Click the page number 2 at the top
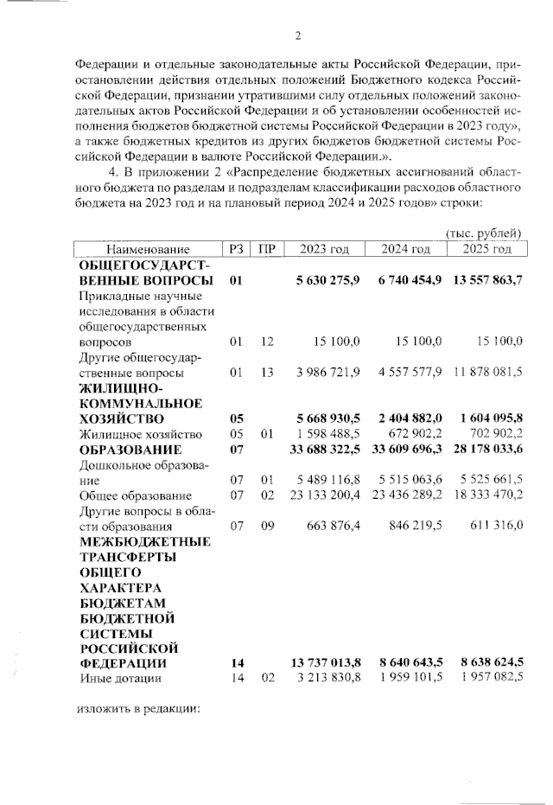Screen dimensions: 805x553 pyautogui.click(x=297, y=35)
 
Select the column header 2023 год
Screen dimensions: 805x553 pyautogui.click(x=324, y=249)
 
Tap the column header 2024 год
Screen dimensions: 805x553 pyautogui.click(x=406, y=249)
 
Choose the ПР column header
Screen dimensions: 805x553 pyautogui.click(x=267, y=249)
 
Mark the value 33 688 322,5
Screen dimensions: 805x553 pyautogui.click(x=325, y=449)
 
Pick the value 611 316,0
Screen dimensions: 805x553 pyautogui.click(x=493, y=526)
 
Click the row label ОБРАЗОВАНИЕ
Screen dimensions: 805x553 pyautogui.click(x=130, y=449)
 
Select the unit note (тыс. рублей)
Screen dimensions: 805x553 pyautogui.click(x=483, y=233)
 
